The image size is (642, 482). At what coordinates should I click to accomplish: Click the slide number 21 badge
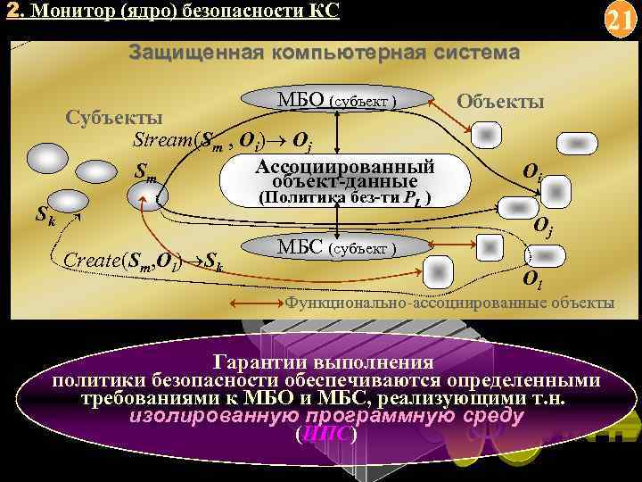pos(617,21)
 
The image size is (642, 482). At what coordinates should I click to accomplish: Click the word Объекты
pos(499,101)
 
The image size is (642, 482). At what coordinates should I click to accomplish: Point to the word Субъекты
pos(114,119)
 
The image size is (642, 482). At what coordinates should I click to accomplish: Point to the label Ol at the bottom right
pos(532,281)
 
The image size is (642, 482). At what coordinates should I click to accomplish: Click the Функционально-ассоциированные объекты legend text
pos(449,303)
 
